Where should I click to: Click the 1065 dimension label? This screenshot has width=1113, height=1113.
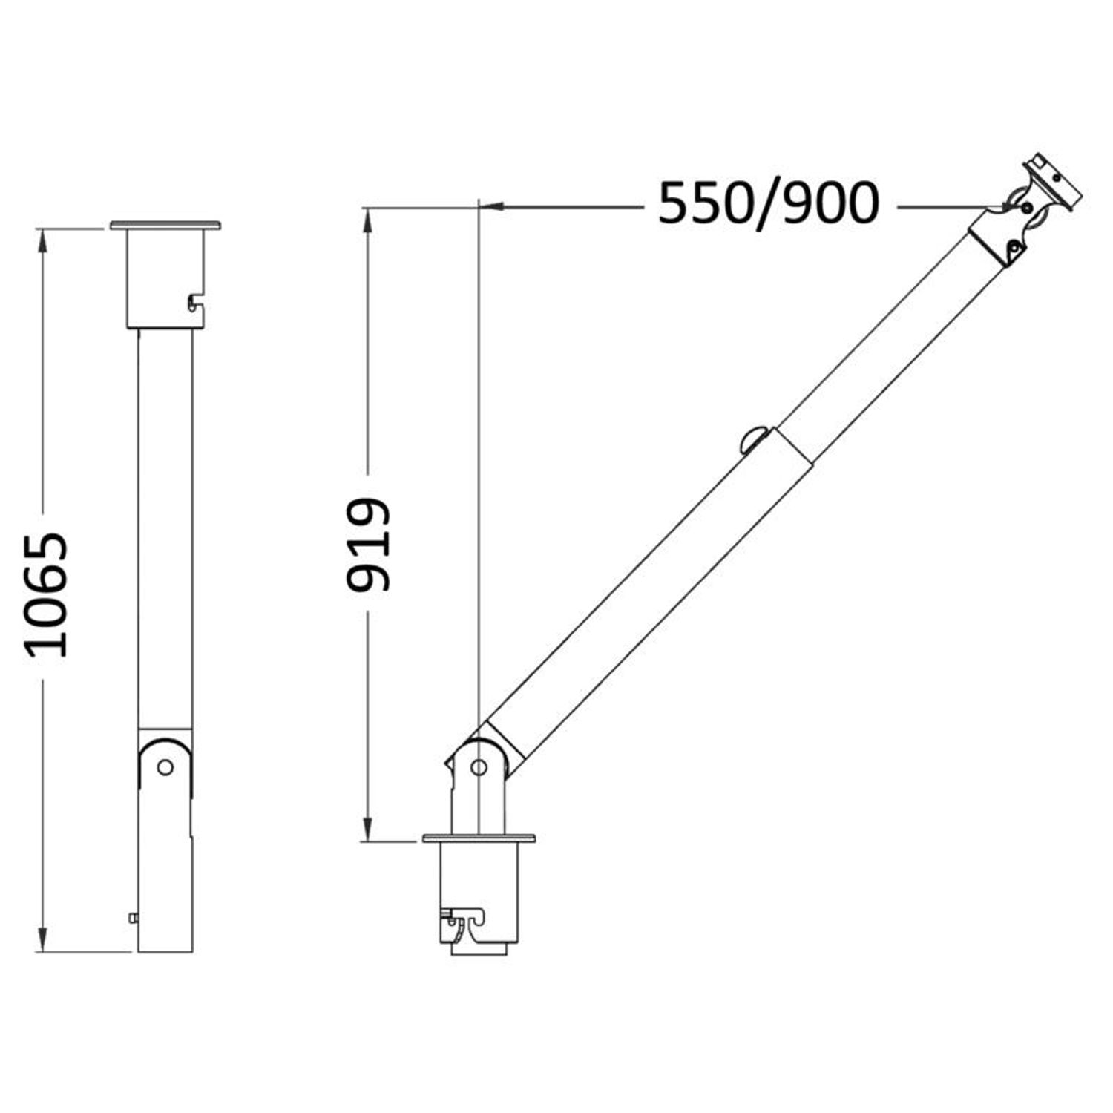coord(47,594)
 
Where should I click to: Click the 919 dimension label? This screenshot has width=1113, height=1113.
coord(368,545)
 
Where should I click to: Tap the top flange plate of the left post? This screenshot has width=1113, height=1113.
coord(165,225)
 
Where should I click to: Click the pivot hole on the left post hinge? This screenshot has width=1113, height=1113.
coord(165,766)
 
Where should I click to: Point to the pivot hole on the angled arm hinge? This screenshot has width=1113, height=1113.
coord(479,766)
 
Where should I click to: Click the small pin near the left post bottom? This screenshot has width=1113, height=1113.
coord(134,918)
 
